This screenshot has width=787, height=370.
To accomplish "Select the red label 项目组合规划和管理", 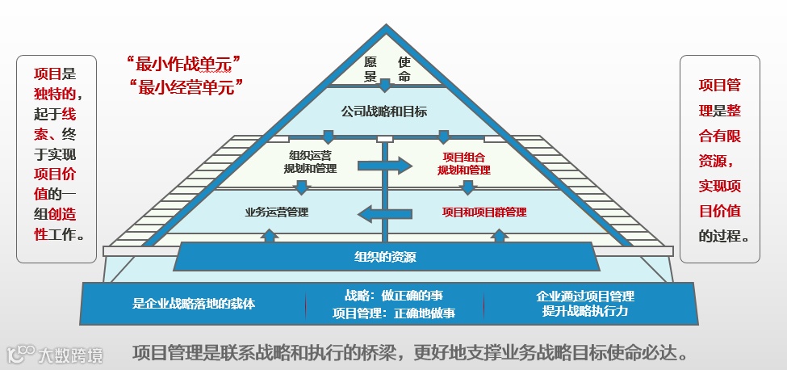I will tap(463, 164).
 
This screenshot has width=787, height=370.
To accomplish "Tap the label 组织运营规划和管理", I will tap(310, 162).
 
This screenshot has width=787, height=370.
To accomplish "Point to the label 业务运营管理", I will tap(277, 212).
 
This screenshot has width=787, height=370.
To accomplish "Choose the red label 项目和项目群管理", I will tap(484, 212).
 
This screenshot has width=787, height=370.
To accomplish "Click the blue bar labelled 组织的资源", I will tap(385, 258).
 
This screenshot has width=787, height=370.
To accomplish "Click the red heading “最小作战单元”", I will tap(185, 63).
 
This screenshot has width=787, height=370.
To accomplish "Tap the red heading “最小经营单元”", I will tap(185, 86).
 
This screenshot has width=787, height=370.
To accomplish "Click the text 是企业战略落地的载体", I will tap(194, 305).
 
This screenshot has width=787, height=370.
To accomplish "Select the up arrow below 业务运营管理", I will tap(270, 235).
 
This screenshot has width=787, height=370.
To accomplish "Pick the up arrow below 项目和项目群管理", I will tap(500, 235).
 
